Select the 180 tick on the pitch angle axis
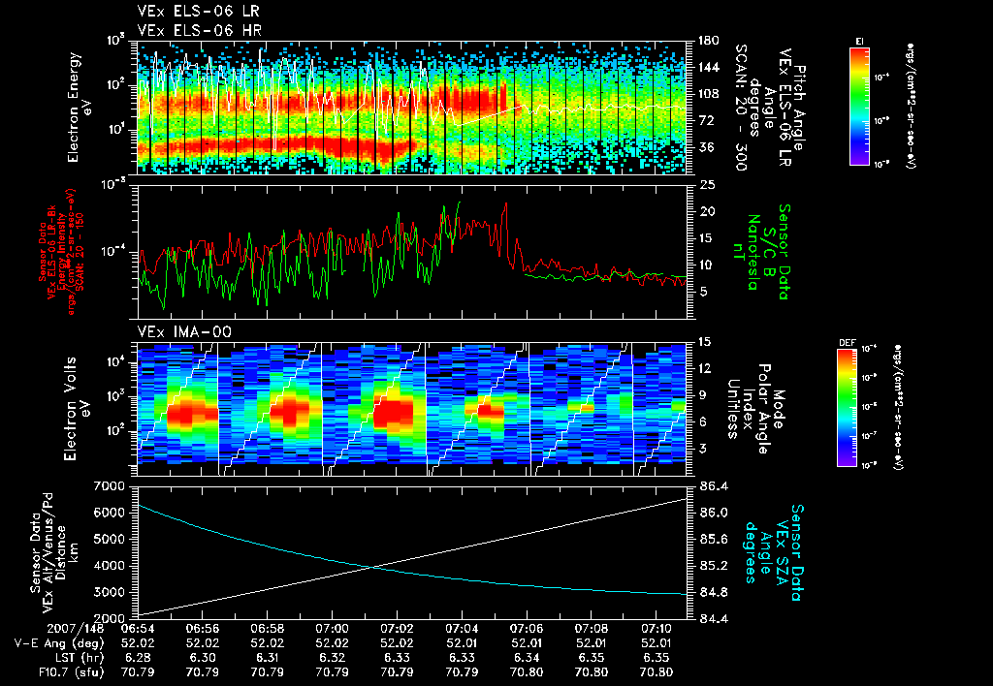tap(706, 41)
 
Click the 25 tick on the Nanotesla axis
tap(707, 184)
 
